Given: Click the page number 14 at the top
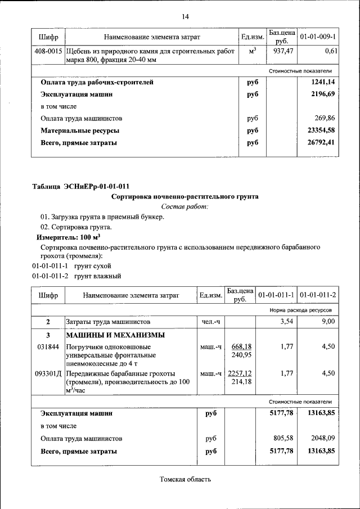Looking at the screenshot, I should pos(185,16).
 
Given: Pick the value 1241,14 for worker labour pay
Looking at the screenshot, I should pos(322,82).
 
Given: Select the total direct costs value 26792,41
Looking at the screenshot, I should pos(321,142).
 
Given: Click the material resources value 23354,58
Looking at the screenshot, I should pos(321,130).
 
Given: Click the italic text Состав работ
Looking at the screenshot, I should pos(184,207).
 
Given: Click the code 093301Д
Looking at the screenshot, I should pos(48,373).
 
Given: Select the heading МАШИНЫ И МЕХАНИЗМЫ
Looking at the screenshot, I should pos(115,335).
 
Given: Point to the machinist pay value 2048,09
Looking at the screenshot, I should pos(321,438).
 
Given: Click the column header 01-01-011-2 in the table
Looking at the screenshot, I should pos(318,294).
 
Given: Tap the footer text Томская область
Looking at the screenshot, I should pos(185,480).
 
